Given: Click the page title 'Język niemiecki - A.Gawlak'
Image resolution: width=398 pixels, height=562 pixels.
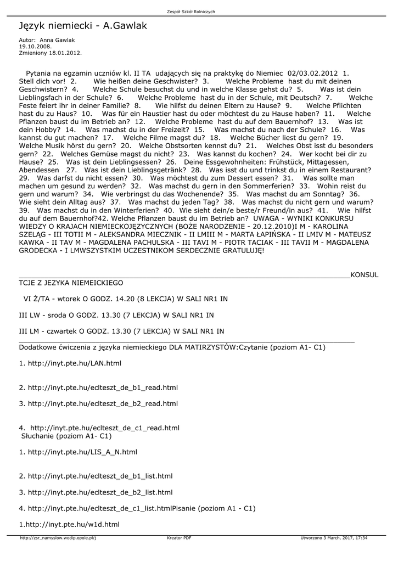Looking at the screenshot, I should (x=83, y=26).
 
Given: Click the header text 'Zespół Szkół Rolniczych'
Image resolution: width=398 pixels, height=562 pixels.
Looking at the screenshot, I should (x=199, y=12).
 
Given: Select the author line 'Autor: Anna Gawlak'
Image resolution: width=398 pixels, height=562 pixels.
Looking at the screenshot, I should (x=47, y=40).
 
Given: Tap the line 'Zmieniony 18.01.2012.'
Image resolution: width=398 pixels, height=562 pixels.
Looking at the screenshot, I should (x=50, y=53).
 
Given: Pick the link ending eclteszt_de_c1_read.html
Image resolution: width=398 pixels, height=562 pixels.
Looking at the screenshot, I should (x=105, y=428).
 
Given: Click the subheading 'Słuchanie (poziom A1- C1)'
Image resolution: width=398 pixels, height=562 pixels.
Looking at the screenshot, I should (x=66, y=436).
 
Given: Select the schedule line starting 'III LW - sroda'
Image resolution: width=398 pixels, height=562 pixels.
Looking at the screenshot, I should (x=116, y=315).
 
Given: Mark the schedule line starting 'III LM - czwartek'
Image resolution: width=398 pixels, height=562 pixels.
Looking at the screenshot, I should (x=121, y=331).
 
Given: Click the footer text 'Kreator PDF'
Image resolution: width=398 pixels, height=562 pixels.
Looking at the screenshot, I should (x=179, y=538).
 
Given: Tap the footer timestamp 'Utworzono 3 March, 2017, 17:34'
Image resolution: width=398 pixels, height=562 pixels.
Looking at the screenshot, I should (x=334, y=538).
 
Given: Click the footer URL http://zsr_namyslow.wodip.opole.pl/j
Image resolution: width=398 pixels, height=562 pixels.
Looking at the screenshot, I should (x=58, y=538).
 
